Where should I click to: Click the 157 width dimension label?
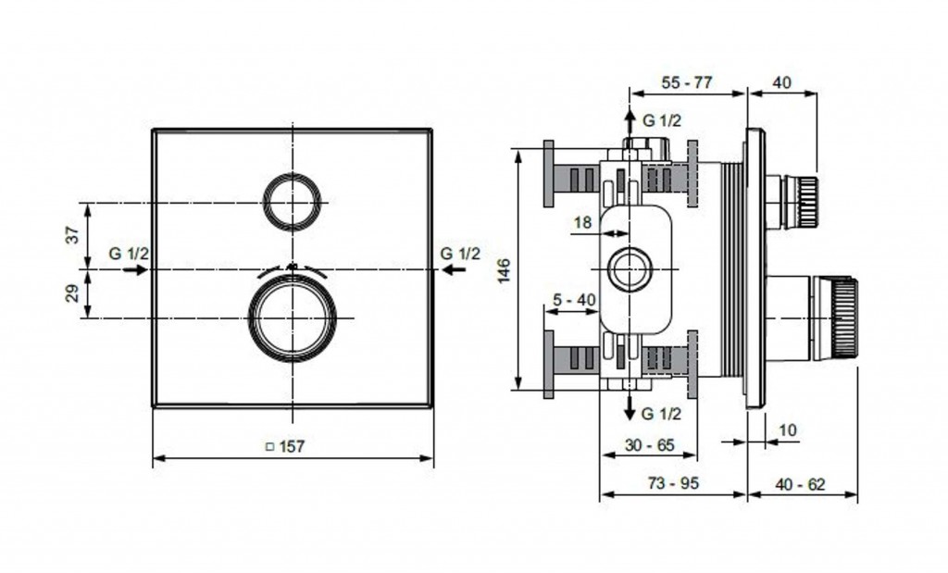click(292, 447)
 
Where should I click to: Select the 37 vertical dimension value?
click(72, 234)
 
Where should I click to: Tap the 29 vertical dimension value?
click(72, 293)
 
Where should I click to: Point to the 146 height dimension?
click(505, 270)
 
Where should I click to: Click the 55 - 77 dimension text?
click(687, 82)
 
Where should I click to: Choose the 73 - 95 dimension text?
click(673, 483)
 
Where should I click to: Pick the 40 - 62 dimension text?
click(799, 484)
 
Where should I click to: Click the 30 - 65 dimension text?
click(649, 445)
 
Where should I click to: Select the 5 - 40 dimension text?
click(574, 300)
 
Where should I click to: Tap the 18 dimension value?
click(582, 222)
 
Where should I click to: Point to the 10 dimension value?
click(788, 430)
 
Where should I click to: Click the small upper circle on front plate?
click(293, 202)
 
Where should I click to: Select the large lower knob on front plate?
click(293, 318)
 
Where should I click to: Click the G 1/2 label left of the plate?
click(129, 254)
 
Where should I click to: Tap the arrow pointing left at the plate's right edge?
click(454, 269)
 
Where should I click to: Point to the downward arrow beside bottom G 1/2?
click(630, 406)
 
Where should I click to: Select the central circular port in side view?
click(630, 269)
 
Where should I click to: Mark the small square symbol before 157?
click(270, 447)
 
